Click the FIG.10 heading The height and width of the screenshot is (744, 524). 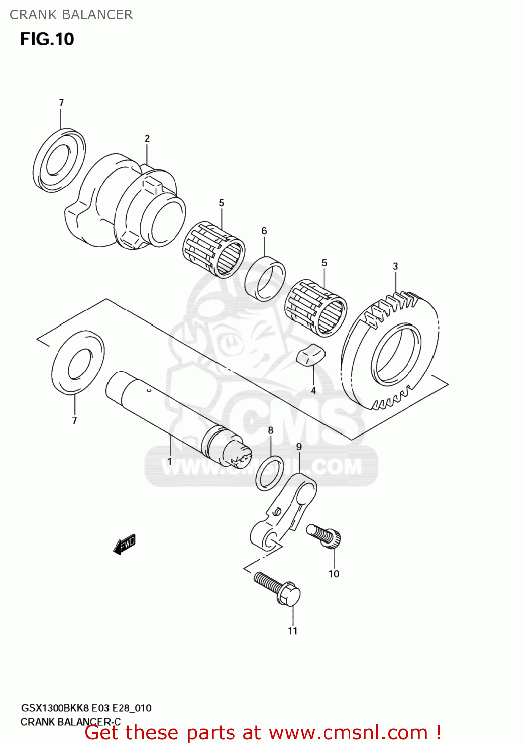pos(47,39)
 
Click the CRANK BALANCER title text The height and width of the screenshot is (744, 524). pos(71,15)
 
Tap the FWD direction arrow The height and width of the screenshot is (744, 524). pos(124,544)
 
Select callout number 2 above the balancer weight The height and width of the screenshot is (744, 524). pos(147,139)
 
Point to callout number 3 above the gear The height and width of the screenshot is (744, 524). pos(395,266)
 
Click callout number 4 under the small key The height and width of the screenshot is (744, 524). pos(313,391)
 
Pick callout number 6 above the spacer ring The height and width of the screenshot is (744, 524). pos(264,231)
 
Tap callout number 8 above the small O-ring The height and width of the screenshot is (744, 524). pos(271,430)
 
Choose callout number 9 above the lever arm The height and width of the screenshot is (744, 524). pos(299,447)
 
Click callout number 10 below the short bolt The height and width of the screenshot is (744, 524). pos(334,574)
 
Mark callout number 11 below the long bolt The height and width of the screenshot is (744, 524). pos(293,631)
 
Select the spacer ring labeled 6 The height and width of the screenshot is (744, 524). pos(265,278)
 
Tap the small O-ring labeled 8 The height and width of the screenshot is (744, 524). pos(270,473)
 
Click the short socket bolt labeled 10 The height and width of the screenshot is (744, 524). pos(325,536)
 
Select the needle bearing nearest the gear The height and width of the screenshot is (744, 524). pos(316,308)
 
